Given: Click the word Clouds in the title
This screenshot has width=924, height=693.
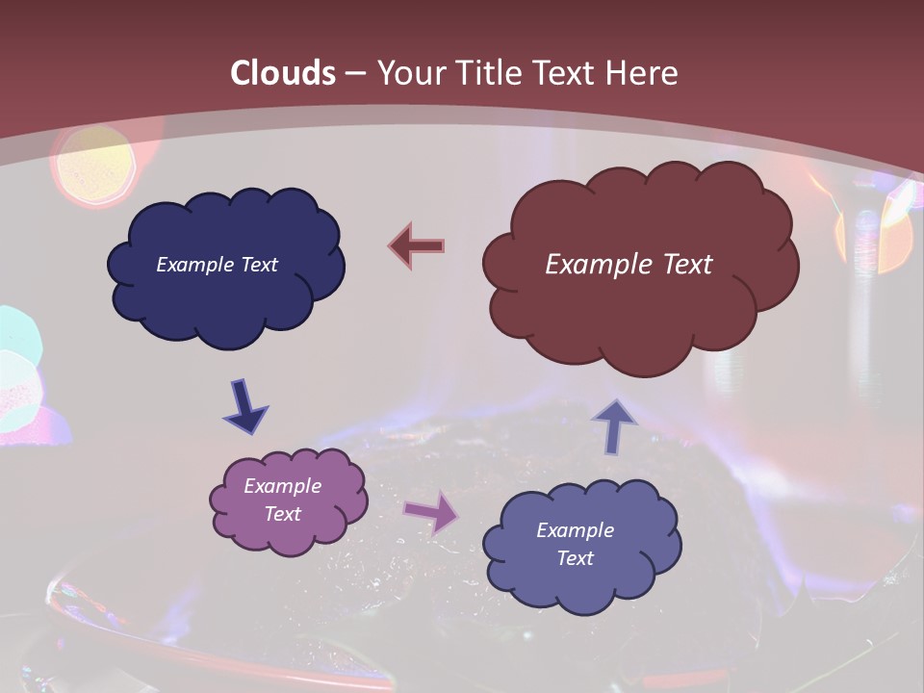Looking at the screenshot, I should pos(283,73).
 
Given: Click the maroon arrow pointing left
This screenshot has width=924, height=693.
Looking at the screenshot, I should pos(416,246).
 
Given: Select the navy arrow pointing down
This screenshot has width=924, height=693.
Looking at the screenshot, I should pos(245,406).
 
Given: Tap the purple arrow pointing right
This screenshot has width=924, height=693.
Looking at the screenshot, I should pos(430,513).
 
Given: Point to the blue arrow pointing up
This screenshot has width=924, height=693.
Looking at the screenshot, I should pos(614,425).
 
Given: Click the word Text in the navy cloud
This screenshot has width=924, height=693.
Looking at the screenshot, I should pos(258,265).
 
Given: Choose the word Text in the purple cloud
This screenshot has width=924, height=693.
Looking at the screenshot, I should pos(282,514).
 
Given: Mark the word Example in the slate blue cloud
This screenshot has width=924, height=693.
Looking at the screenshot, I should pos(575,530).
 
